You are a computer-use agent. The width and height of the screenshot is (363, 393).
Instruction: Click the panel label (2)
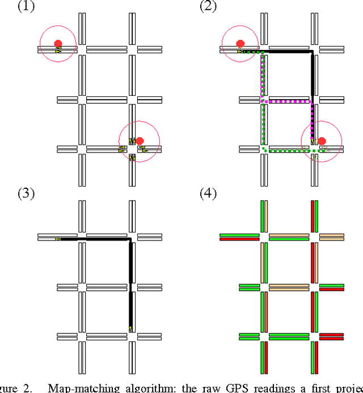click(x=208, y=6)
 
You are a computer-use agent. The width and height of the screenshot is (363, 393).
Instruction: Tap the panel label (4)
click(x=208, y=193)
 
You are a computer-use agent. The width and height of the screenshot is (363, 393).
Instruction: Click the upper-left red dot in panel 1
click(x=57, y=43)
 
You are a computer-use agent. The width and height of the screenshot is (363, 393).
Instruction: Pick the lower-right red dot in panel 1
click(x=140, y=140)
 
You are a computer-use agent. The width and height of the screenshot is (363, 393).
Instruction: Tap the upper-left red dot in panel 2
click(x=240, y=43)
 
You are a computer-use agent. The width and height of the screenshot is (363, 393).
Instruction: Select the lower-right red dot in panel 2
click(x=322, y=141)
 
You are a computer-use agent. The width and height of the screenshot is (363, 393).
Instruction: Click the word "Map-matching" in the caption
click(x=77, y=388)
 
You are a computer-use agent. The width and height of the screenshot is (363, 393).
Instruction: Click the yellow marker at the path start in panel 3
click(x=58, y=239)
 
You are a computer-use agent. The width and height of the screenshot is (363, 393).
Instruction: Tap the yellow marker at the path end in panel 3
click(x=130, y=327)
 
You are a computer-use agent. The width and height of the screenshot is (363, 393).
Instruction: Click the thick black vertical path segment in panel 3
click(x=131, y=284)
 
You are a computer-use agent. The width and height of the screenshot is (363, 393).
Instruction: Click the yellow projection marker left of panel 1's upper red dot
click(x=58, y=51)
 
